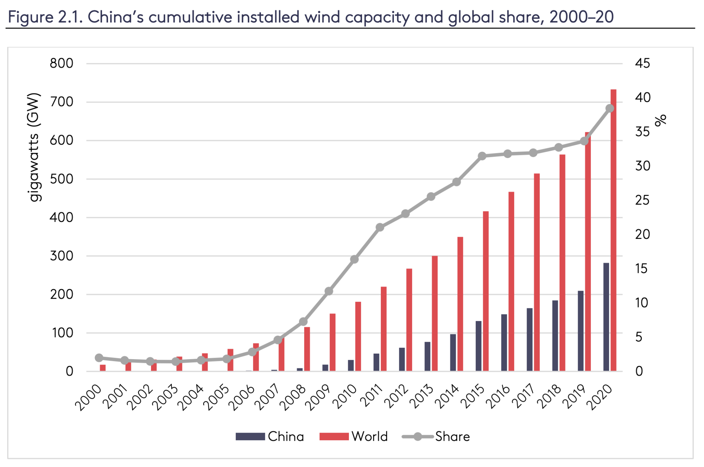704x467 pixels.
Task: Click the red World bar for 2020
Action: pyautogui.click(x=613, y=230)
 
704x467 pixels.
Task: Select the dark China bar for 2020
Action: pyautogui.click(x=606, y=317)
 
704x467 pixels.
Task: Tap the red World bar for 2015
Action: pyautogui.click(x=486, y=291)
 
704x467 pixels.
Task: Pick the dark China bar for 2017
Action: pyautogui.click(x=530, y=340)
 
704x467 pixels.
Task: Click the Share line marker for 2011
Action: pyautogui.click(x=380, y=227)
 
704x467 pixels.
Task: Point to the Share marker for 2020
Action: pyautogui.click(x=610, y=108)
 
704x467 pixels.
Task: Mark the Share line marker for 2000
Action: pyautogui.click(x=99, y=358)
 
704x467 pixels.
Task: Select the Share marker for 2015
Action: pyautogui.click(x=482, y=156)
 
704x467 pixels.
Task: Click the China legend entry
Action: pyautogui.click(x=270, y=436)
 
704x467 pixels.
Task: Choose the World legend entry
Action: pyautogui.click(x=354, y=436)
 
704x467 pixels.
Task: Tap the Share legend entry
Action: pyautogui.click(x=436, y=436)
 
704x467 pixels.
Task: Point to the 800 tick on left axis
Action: pyautogui.click(x=62, y=64)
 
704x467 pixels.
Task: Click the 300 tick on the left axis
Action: pyautogui.click(x=62, y=256)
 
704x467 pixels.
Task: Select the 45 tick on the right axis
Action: pyautogui.click(x=642, y=64)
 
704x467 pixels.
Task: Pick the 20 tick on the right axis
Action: pyautogui.click(x=642, y=234)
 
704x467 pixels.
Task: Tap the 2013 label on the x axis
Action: pyautogui.click(x=420, y=397)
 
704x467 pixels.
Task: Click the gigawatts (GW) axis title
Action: pyautogui.click(x=34, y=147)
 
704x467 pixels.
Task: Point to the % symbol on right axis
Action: pyautogui.click(x=660, y=120)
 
